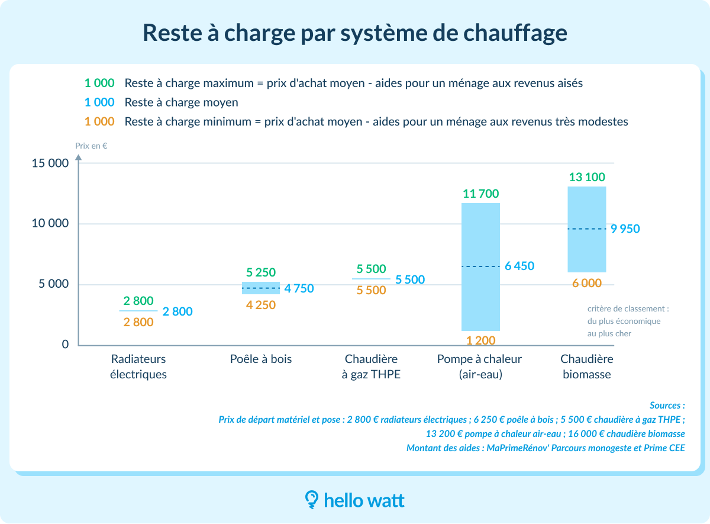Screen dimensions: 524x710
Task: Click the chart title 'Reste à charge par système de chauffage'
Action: tap(355, 33)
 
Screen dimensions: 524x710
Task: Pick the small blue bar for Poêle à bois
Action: tap(261, 288)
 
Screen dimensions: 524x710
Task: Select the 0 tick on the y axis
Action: tap(65, 345)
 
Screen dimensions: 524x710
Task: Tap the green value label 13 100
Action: tap(586, 177)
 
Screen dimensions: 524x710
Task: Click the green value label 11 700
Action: tap(481, 194)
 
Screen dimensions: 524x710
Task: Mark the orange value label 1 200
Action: tap(481, 340)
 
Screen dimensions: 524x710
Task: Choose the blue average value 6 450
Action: tap(519, 266)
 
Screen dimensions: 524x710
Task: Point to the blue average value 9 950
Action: tap(625, 229)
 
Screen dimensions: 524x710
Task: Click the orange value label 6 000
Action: tap(586, 284)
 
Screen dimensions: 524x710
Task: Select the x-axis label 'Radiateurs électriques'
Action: tap(138, 367)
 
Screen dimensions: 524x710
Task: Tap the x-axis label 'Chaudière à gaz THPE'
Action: tap(371, 367)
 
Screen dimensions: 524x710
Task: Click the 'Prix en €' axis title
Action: tap(91, 145)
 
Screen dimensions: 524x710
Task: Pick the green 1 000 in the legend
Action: tap(99, 83)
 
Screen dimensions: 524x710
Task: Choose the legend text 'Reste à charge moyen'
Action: tap(181, 102)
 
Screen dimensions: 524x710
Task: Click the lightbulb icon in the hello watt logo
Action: tap(311, 500)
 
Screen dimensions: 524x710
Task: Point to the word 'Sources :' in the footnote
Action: tap(667, 406)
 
